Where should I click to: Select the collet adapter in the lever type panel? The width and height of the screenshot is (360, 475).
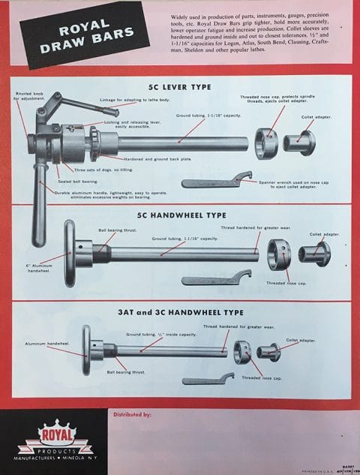click(x=300, y=142)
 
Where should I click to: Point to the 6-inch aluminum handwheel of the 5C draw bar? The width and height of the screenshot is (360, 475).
click(x=70, y=253)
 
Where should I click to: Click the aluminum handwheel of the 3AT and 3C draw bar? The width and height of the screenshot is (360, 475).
click(x=86, y=350)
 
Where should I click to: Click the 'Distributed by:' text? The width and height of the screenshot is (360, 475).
click(x=132, y=413)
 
